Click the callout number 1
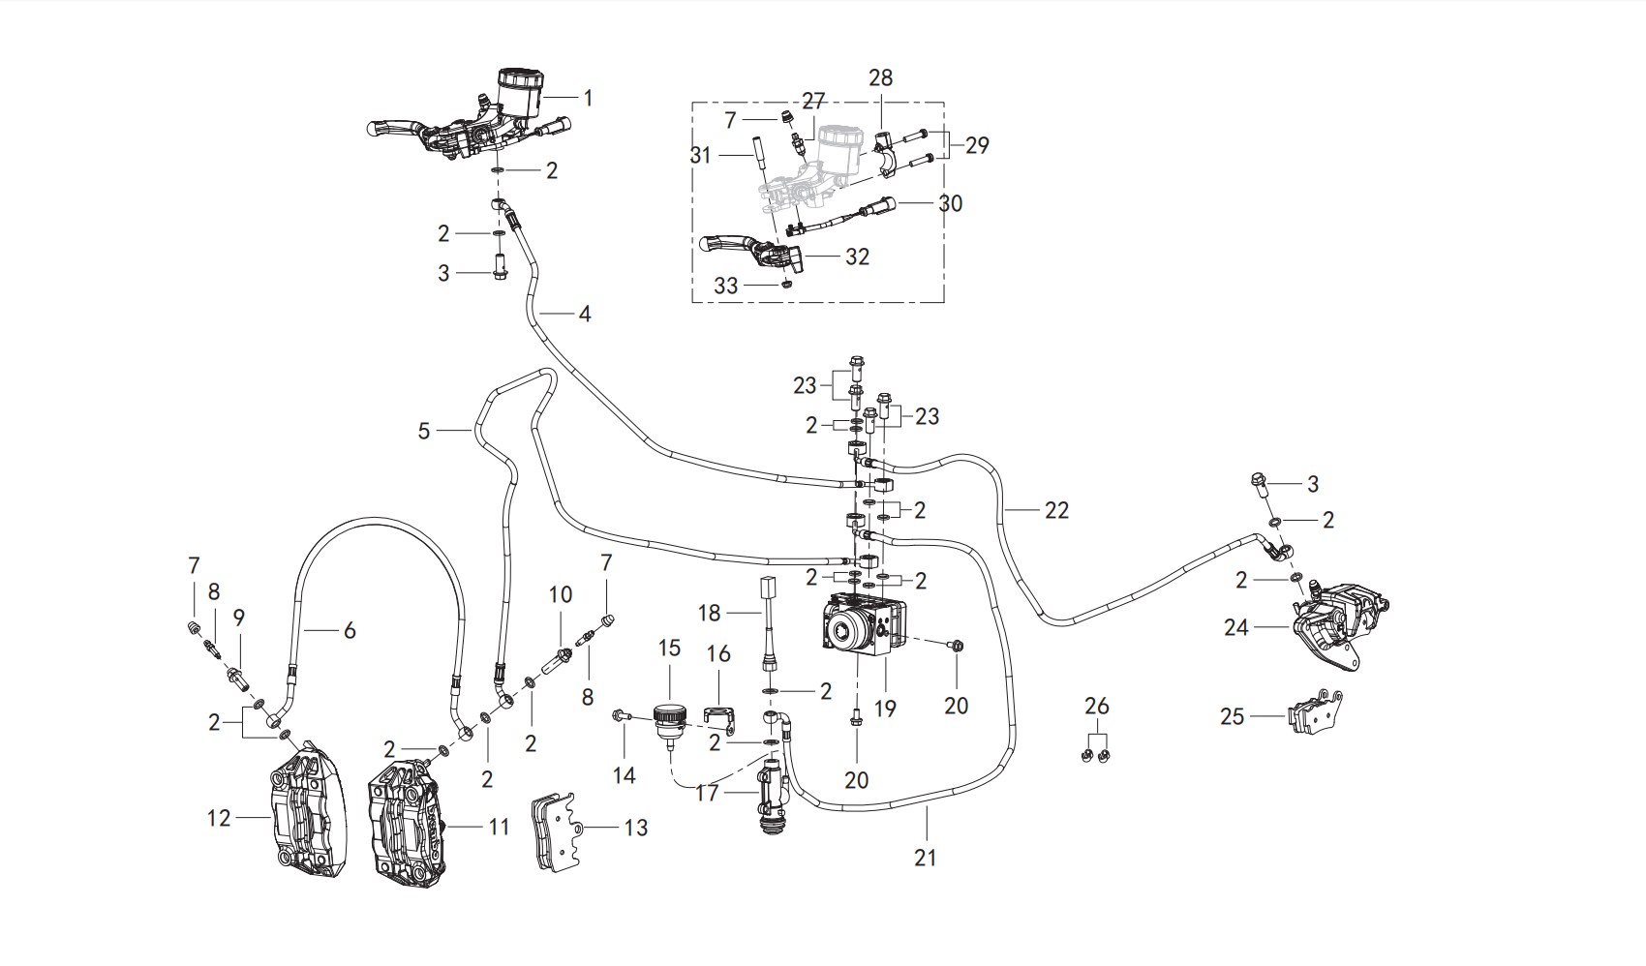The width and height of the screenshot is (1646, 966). pos(588,98)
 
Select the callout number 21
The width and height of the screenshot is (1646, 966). pos(925,858)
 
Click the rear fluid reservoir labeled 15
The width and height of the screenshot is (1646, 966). pos(670,721)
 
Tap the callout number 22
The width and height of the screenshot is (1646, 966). pos(1056,510)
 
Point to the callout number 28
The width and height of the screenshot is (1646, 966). pos(880,77)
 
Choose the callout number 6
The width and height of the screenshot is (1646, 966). pos(350,630)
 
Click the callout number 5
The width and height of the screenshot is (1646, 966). pos(423,431)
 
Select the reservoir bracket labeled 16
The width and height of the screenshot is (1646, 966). pos(721,717)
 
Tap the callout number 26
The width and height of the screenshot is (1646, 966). pos(1096,706)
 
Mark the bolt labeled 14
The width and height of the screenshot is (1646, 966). pos(622,714)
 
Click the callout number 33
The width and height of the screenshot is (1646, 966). pos(726,286)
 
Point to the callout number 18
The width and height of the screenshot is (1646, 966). pos(709,613)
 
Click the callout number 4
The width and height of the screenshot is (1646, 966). pos(585,315)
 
